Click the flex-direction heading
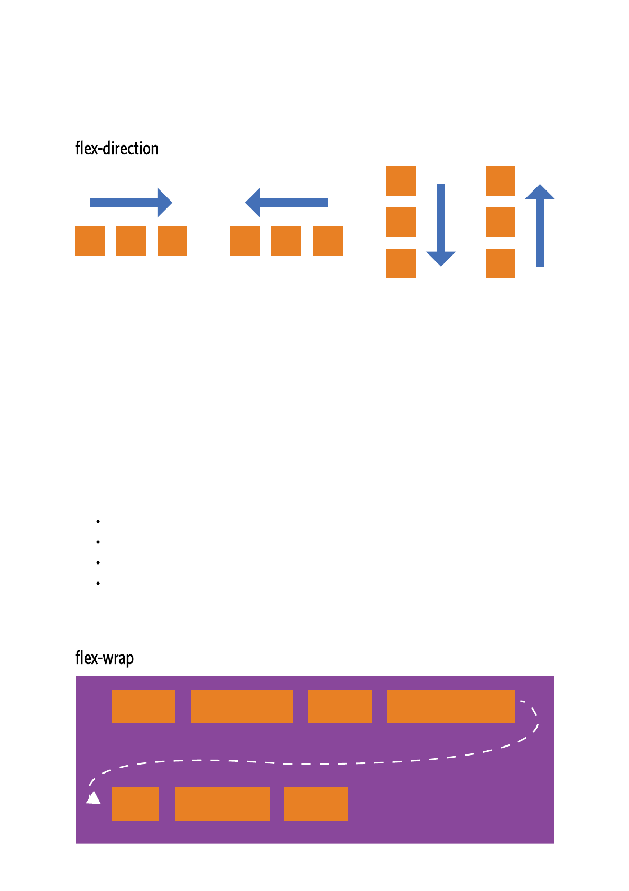point(117,149)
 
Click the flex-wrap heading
point(104,658)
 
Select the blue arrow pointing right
point(131,203)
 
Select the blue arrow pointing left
point(286,203)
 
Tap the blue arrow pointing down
point(441,225)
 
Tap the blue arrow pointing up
point(540,225)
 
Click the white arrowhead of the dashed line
point(94,798)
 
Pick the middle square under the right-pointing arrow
point(131,241)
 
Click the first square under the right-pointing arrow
point(90,241)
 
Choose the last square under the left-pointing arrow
point(328,241)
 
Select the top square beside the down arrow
point(401,181)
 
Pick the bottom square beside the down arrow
point(401,263)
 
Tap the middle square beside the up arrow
point(501,222)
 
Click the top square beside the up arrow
point(501,181)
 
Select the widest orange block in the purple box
point(451,707)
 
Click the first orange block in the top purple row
point(143,707)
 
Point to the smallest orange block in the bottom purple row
point(135,804)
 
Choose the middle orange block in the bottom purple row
point(223,804)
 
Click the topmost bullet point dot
point(98,522)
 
